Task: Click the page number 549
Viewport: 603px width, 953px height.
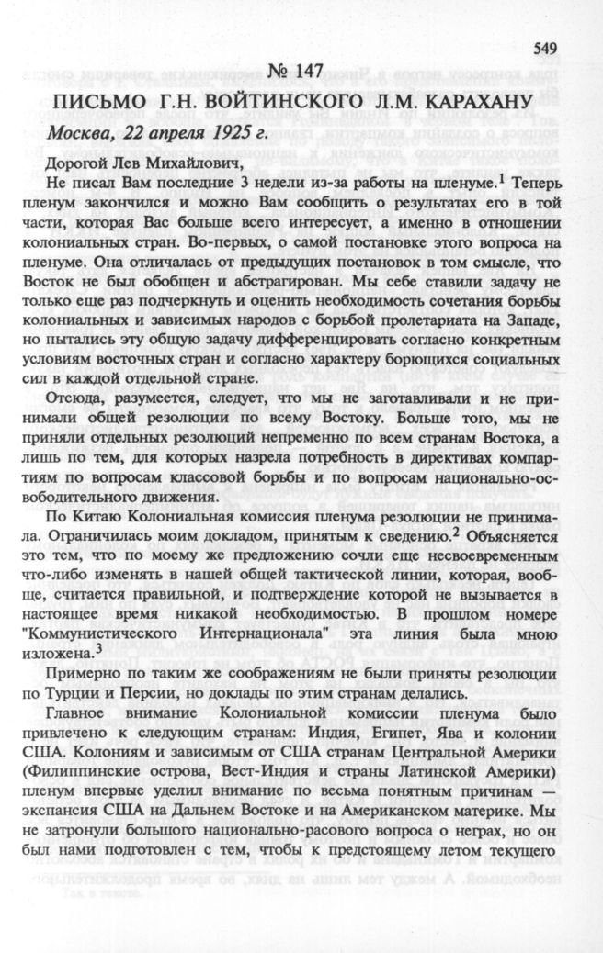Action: [x=545, y=47]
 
